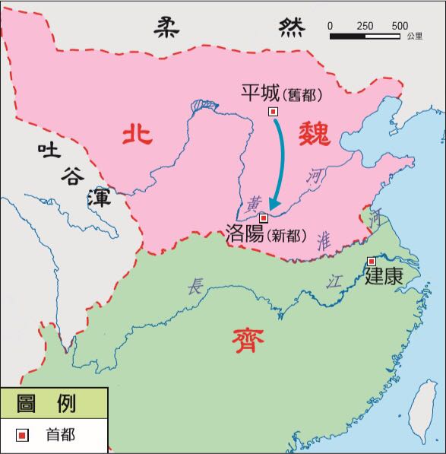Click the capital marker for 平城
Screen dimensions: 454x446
pos(274,111)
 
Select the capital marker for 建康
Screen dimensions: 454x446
pos(372,261)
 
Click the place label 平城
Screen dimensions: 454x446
pos(260,93)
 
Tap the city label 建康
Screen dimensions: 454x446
pos(383,277)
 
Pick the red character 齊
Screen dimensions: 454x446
pos(248,341)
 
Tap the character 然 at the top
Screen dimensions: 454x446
pos(290,27)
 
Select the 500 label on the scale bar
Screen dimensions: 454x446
pos(400,26)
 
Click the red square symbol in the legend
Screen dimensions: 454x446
pos(24,435)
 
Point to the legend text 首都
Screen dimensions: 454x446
pos(61,435)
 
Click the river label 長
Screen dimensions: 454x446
pos(197,287)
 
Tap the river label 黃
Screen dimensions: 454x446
pos(255,203)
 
